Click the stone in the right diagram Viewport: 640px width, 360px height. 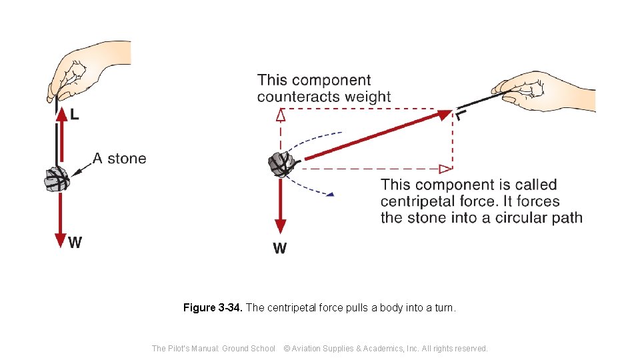(281, 163)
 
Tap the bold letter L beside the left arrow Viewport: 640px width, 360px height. (74, 115)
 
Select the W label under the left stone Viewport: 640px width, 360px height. (75, 243)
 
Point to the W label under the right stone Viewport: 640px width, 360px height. (280, 249)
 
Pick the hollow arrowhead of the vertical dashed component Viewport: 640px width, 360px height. (281, 115)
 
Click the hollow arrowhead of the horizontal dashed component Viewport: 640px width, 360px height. (445, 169)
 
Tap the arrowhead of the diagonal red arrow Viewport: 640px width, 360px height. (445, 115)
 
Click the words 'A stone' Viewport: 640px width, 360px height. (119, 159)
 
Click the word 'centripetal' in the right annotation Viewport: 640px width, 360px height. (418, 201)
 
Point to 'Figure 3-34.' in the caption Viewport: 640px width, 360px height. (213, 308)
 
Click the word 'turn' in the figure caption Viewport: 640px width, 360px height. (444, 308)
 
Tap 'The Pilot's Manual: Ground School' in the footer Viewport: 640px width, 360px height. (213, 348)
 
